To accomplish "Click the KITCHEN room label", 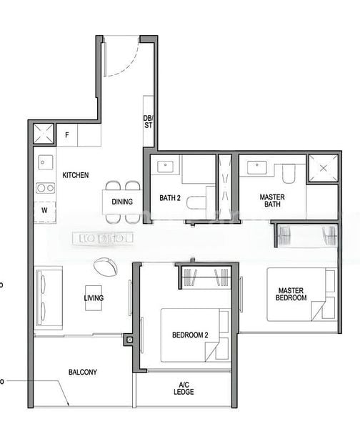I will [75, 175].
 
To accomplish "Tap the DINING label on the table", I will [121, 202].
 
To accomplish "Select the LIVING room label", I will [94, 298].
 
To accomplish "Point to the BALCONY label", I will [83, 372].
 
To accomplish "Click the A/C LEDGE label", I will [183, 389].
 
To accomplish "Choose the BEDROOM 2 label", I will [190, 335].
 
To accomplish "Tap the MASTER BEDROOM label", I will [291, 293].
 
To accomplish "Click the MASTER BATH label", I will [272, 200].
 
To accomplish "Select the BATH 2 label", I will [170, 198].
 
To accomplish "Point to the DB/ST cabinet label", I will [149, 122].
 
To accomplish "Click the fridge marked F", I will [67, 134].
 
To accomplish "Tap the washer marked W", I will [44, 211].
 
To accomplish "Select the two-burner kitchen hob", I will [45, 188].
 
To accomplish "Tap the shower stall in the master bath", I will [323, 169].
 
